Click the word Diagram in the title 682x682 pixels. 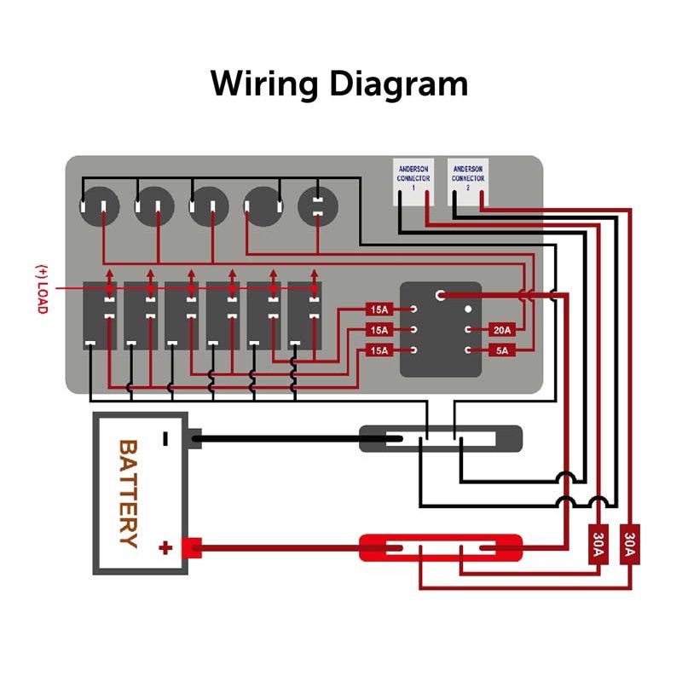(398, 85)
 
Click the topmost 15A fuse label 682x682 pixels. (379, 309)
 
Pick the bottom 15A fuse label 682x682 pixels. (379, 350)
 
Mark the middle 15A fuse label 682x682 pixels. (379, 329)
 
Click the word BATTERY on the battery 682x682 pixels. (128, 493)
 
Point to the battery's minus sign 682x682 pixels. (165, 439)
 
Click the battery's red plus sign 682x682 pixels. (165, 547)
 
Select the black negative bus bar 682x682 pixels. (441, 439)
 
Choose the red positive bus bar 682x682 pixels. (441, 547)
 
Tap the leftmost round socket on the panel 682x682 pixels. (95, 205)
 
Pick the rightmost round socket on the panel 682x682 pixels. (317, 205)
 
